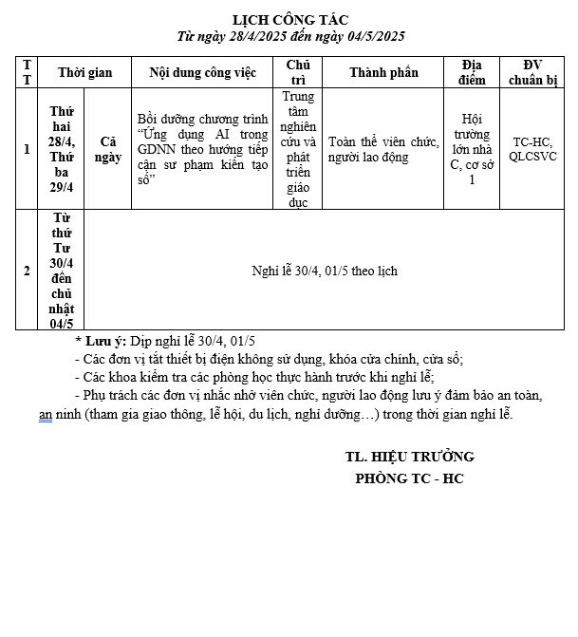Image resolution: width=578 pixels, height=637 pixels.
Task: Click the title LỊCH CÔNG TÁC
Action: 290,20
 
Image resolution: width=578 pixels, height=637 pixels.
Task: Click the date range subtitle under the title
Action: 290,36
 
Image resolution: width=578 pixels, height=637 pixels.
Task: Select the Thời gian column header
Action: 84,72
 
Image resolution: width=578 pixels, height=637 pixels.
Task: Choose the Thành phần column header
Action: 382,72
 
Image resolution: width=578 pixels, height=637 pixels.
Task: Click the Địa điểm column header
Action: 472,72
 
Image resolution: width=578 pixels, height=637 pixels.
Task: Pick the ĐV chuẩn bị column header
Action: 532,72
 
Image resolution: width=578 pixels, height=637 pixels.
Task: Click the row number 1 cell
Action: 27,149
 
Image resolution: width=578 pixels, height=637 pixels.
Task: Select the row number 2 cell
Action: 27,271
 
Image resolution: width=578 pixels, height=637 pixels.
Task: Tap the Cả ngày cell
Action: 108,149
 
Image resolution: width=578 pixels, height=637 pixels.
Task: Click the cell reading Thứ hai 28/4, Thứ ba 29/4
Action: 62,149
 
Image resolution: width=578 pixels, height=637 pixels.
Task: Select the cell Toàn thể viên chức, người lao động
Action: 382,149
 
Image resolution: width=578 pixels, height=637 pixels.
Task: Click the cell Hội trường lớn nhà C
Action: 472,149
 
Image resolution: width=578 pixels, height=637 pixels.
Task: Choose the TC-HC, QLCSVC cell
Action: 532,149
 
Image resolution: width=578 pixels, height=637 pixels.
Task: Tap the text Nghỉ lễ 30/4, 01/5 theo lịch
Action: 325,271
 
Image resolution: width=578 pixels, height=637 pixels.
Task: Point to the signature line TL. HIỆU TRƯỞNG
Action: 409,457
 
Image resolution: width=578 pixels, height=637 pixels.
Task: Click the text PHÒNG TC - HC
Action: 409,478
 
